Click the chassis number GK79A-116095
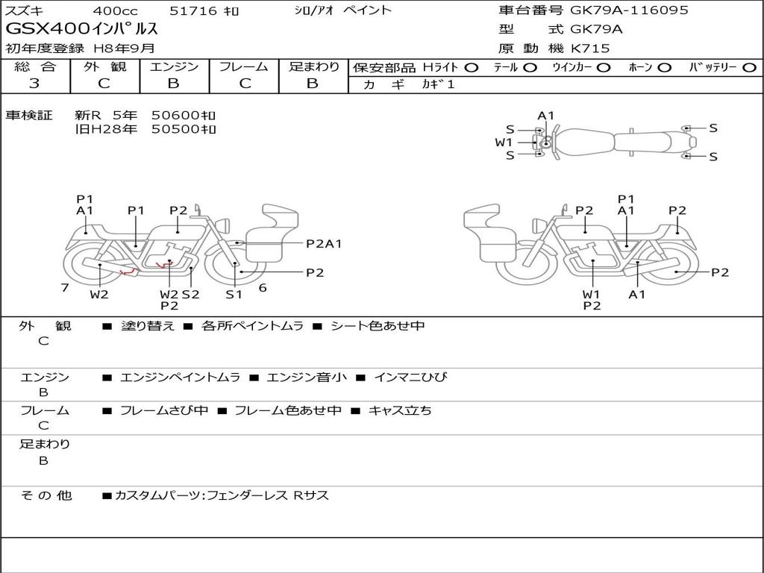[629, 10]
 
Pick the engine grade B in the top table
[173, 84]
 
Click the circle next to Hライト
[472, 68]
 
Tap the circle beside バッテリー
[749, 68]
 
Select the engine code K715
[590, 48]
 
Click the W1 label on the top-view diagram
[504, 143]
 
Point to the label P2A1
[324, 244]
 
